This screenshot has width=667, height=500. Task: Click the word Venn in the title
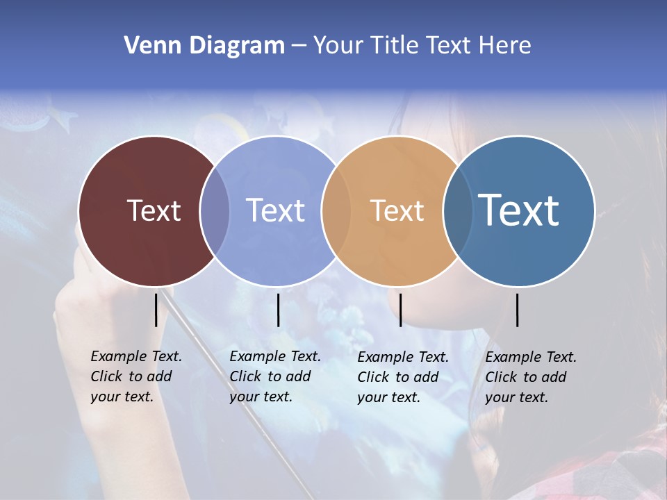147,46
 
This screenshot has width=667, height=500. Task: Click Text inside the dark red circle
154,210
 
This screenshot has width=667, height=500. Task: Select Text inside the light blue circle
276,210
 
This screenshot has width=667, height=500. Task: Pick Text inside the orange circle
397,210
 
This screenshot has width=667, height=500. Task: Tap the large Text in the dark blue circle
519,210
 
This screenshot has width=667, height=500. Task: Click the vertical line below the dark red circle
156,310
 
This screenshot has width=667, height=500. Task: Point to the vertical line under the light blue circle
278,310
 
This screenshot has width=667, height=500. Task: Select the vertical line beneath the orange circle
400,310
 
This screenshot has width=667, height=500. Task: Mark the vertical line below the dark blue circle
518,310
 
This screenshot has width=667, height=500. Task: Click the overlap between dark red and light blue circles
215,211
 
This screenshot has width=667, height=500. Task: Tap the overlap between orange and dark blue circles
458,211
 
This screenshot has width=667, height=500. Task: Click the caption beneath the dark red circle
136,376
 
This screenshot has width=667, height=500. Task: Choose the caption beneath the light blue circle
275,376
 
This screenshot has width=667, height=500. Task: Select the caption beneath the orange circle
403,377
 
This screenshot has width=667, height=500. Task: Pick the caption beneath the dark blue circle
531,377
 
